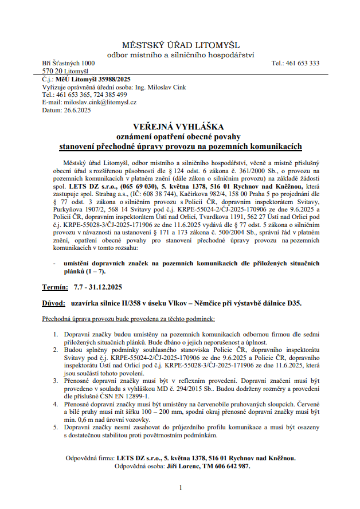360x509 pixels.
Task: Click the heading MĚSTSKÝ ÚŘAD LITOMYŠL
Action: click(181, 45)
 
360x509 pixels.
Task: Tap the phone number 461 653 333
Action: click(304, 63)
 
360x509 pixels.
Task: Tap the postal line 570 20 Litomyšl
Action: click(61, 71)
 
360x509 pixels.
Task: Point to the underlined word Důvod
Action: click(54, 302)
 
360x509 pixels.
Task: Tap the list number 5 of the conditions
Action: click(56, 428)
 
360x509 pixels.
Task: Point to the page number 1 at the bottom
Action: click(181, 487)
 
